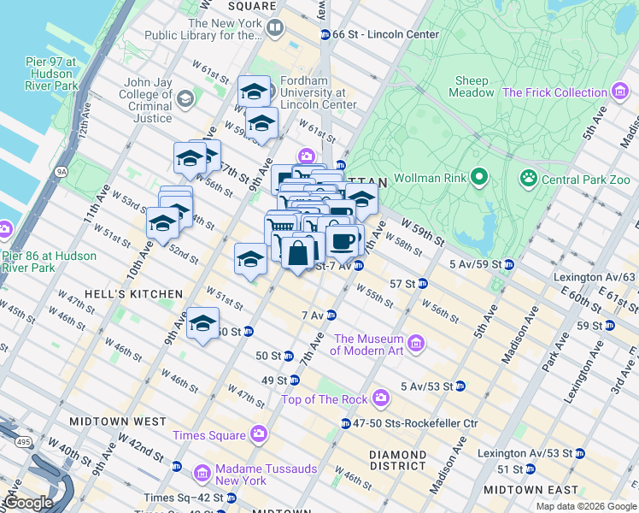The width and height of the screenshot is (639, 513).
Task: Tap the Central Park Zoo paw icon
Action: coord(529,179)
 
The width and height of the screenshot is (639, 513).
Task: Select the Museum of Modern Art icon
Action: coord(416,344)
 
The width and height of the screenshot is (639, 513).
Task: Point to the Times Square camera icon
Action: coord(258,435)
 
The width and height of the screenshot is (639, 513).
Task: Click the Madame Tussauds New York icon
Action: coord(202,473)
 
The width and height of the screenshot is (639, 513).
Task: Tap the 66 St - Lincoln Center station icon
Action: coord(325,34)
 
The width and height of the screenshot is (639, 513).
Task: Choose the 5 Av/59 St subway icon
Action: coord(508,263)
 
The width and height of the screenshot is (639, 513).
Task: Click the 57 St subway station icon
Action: coord(423,283)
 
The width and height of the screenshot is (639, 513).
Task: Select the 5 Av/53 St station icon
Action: coord(460,386)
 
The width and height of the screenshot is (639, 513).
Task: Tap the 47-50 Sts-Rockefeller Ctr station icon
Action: coord(345,423)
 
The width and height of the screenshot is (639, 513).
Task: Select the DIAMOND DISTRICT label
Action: coord(397,460)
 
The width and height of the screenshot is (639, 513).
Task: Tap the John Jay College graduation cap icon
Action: coord(185,98)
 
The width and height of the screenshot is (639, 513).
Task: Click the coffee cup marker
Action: coord(343,240)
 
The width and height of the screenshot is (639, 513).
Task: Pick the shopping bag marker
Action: coord(298,253)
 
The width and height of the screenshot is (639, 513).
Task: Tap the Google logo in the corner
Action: coord(28,502)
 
